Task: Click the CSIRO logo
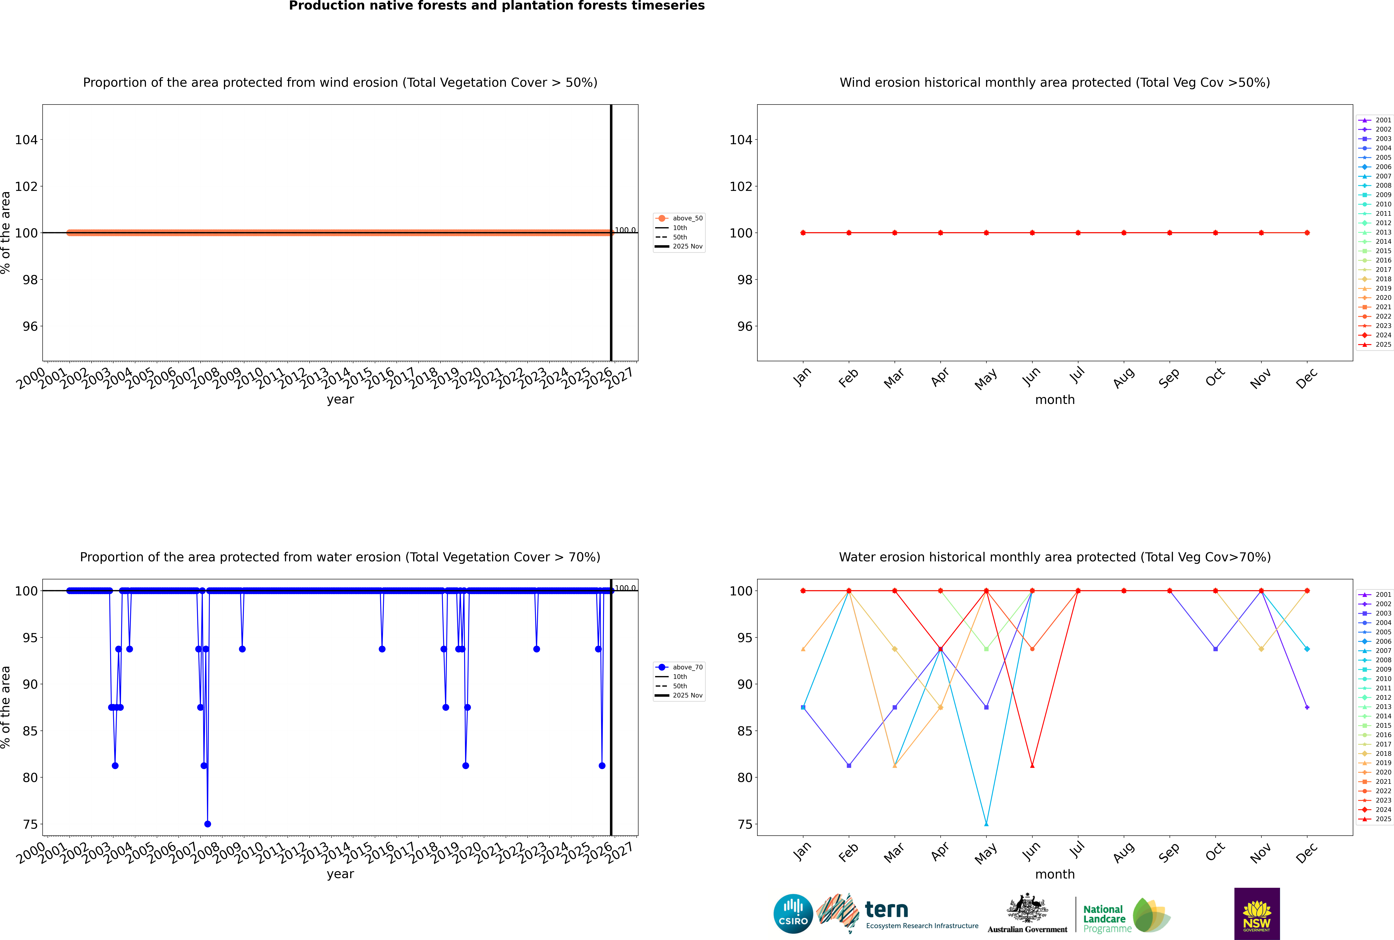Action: coord(793,914)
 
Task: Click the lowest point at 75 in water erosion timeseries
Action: coord(207,824)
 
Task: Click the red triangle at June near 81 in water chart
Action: coord(1032,765)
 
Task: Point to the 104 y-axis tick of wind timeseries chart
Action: coord(26,140)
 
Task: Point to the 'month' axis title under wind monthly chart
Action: coord(1055,400)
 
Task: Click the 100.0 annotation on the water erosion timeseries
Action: coord(625,588)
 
